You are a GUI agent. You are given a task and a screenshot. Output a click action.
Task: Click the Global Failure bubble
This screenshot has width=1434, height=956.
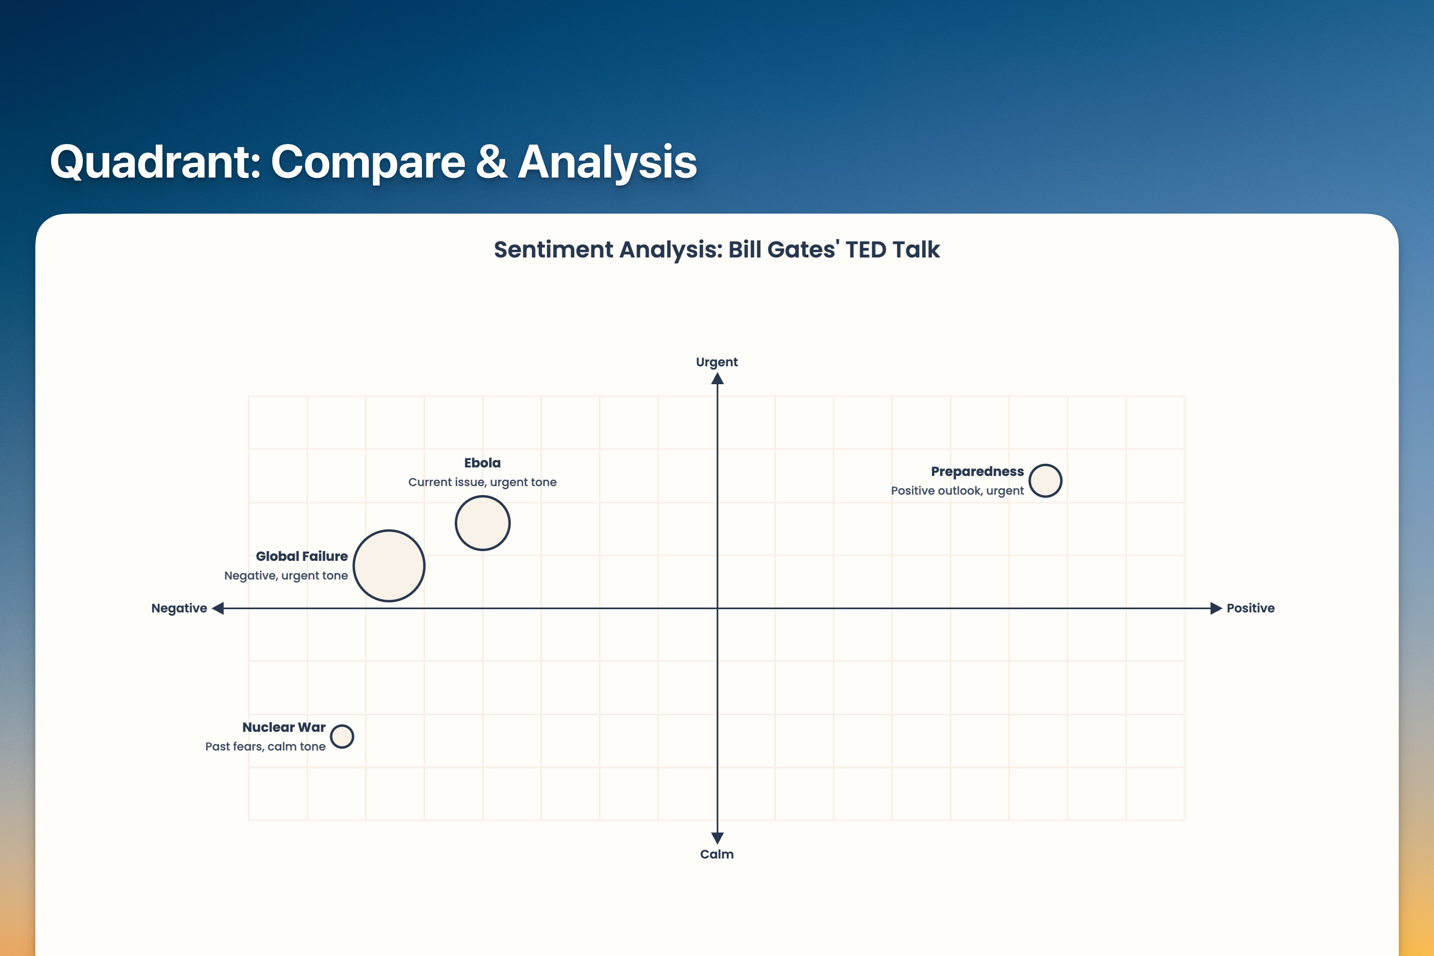coord(389,566)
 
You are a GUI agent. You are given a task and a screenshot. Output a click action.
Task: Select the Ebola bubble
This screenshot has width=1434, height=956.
coord(482,523)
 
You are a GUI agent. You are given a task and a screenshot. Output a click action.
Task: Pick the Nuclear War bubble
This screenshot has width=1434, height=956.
coord(342,737)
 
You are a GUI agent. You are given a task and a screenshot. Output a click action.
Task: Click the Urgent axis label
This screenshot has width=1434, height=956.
coord(717,362)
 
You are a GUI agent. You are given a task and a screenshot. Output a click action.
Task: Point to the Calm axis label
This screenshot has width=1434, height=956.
coord(717,854)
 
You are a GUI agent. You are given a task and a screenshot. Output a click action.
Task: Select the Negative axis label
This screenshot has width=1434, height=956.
coord(179,608)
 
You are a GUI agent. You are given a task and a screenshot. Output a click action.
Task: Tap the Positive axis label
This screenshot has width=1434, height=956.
coord(1250,608)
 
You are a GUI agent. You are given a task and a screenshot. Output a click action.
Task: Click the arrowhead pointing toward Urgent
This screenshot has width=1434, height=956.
coord(718,379)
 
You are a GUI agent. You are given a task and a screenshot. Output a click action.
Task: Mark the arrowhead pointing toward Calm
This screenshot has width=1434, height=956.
coord(718,838)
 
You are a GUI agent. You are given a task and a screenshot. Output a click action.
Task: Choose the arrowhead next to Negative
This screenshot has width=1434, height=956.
coord(218,608)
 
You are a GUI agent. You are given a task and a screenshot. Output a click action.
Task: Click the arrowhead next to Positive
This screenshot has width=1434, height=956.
coord(1216,608)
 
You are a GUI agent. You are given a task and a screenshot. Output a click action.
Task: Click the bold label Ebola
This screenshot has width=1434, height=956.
coord(482,463)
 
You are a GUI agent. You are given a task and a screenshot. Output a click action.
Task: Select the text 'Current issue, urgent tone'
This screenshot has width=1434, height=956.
coord(482,482)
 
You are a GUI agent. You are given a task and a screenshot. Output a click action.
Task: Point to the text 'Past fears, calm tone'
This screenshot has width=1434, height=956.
coord(265,746)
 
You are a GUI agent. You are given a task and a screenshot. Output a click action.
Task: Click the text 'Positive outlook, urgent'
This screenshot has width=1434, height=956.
coord(957,491)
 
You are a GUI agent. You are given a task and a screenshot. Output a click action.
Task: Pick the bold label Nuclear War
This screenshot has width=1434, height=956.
coord(284,727)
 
